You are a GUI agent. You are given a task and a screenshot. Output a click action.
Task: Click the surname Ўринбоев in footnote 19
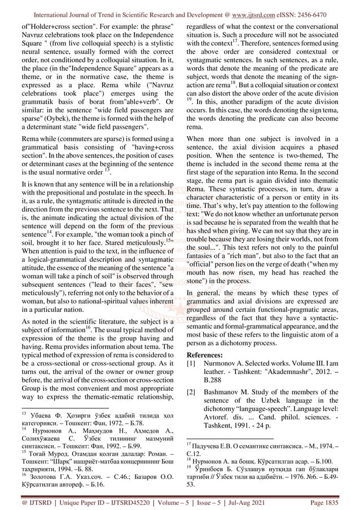[214, 468]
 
